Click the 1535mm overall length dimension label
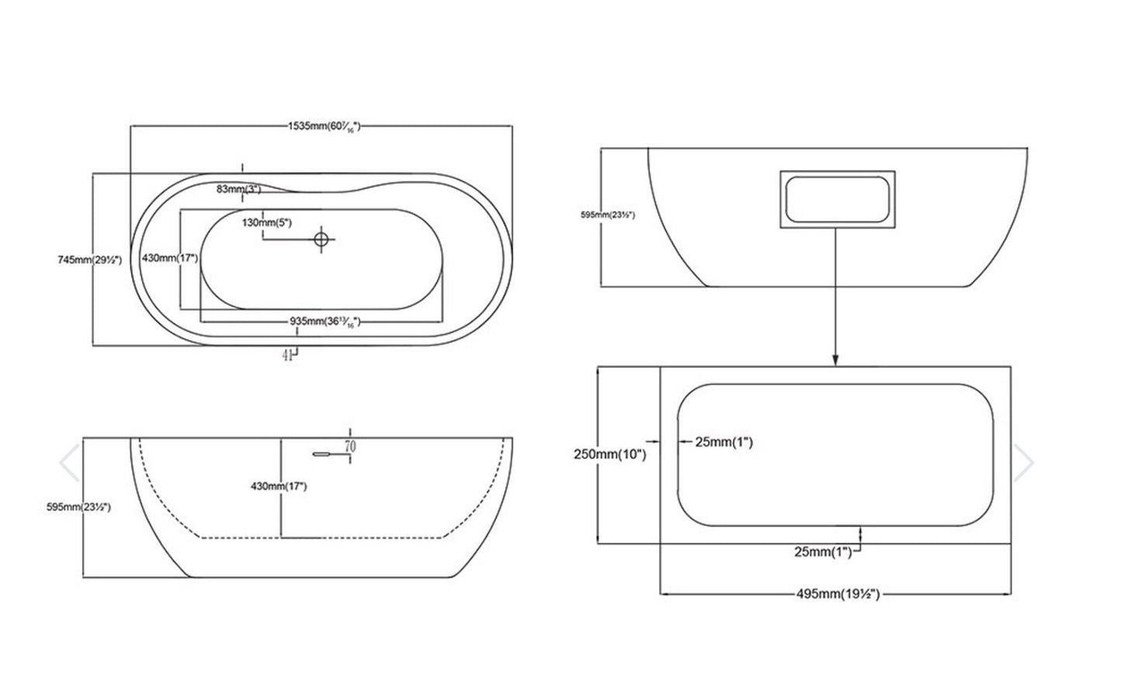pyautogui.click(x=325, y=126)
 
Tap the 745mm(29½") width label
pyautogui.click(x=90, y=260)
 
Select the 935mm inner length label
pyautogui.click(x=325, y=321)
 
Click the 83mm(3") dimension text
pyautogui.click(x=239, y=189)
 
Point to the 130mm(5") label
pyautogui.click(x=266, y=223)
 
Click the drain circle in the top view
pyautogui.click(x=322, y=239)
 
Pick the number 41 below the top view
pyautogui.click(x=287, y=356)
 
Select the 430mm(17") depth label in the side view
pyautogui.click(x=279, y=487)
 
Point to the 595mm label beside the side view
pyautogui.click(x=78, y=507)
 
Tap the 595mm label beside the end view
pyautogui.click(x=608, y=215)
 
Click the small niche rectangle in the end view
pyautogui.click(x=836, y=200)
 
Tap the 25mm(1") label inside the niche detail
pyautogui.click(x=724, y=443)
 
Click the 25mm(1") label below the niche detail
pyautogui.click(x=823, y=552)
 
